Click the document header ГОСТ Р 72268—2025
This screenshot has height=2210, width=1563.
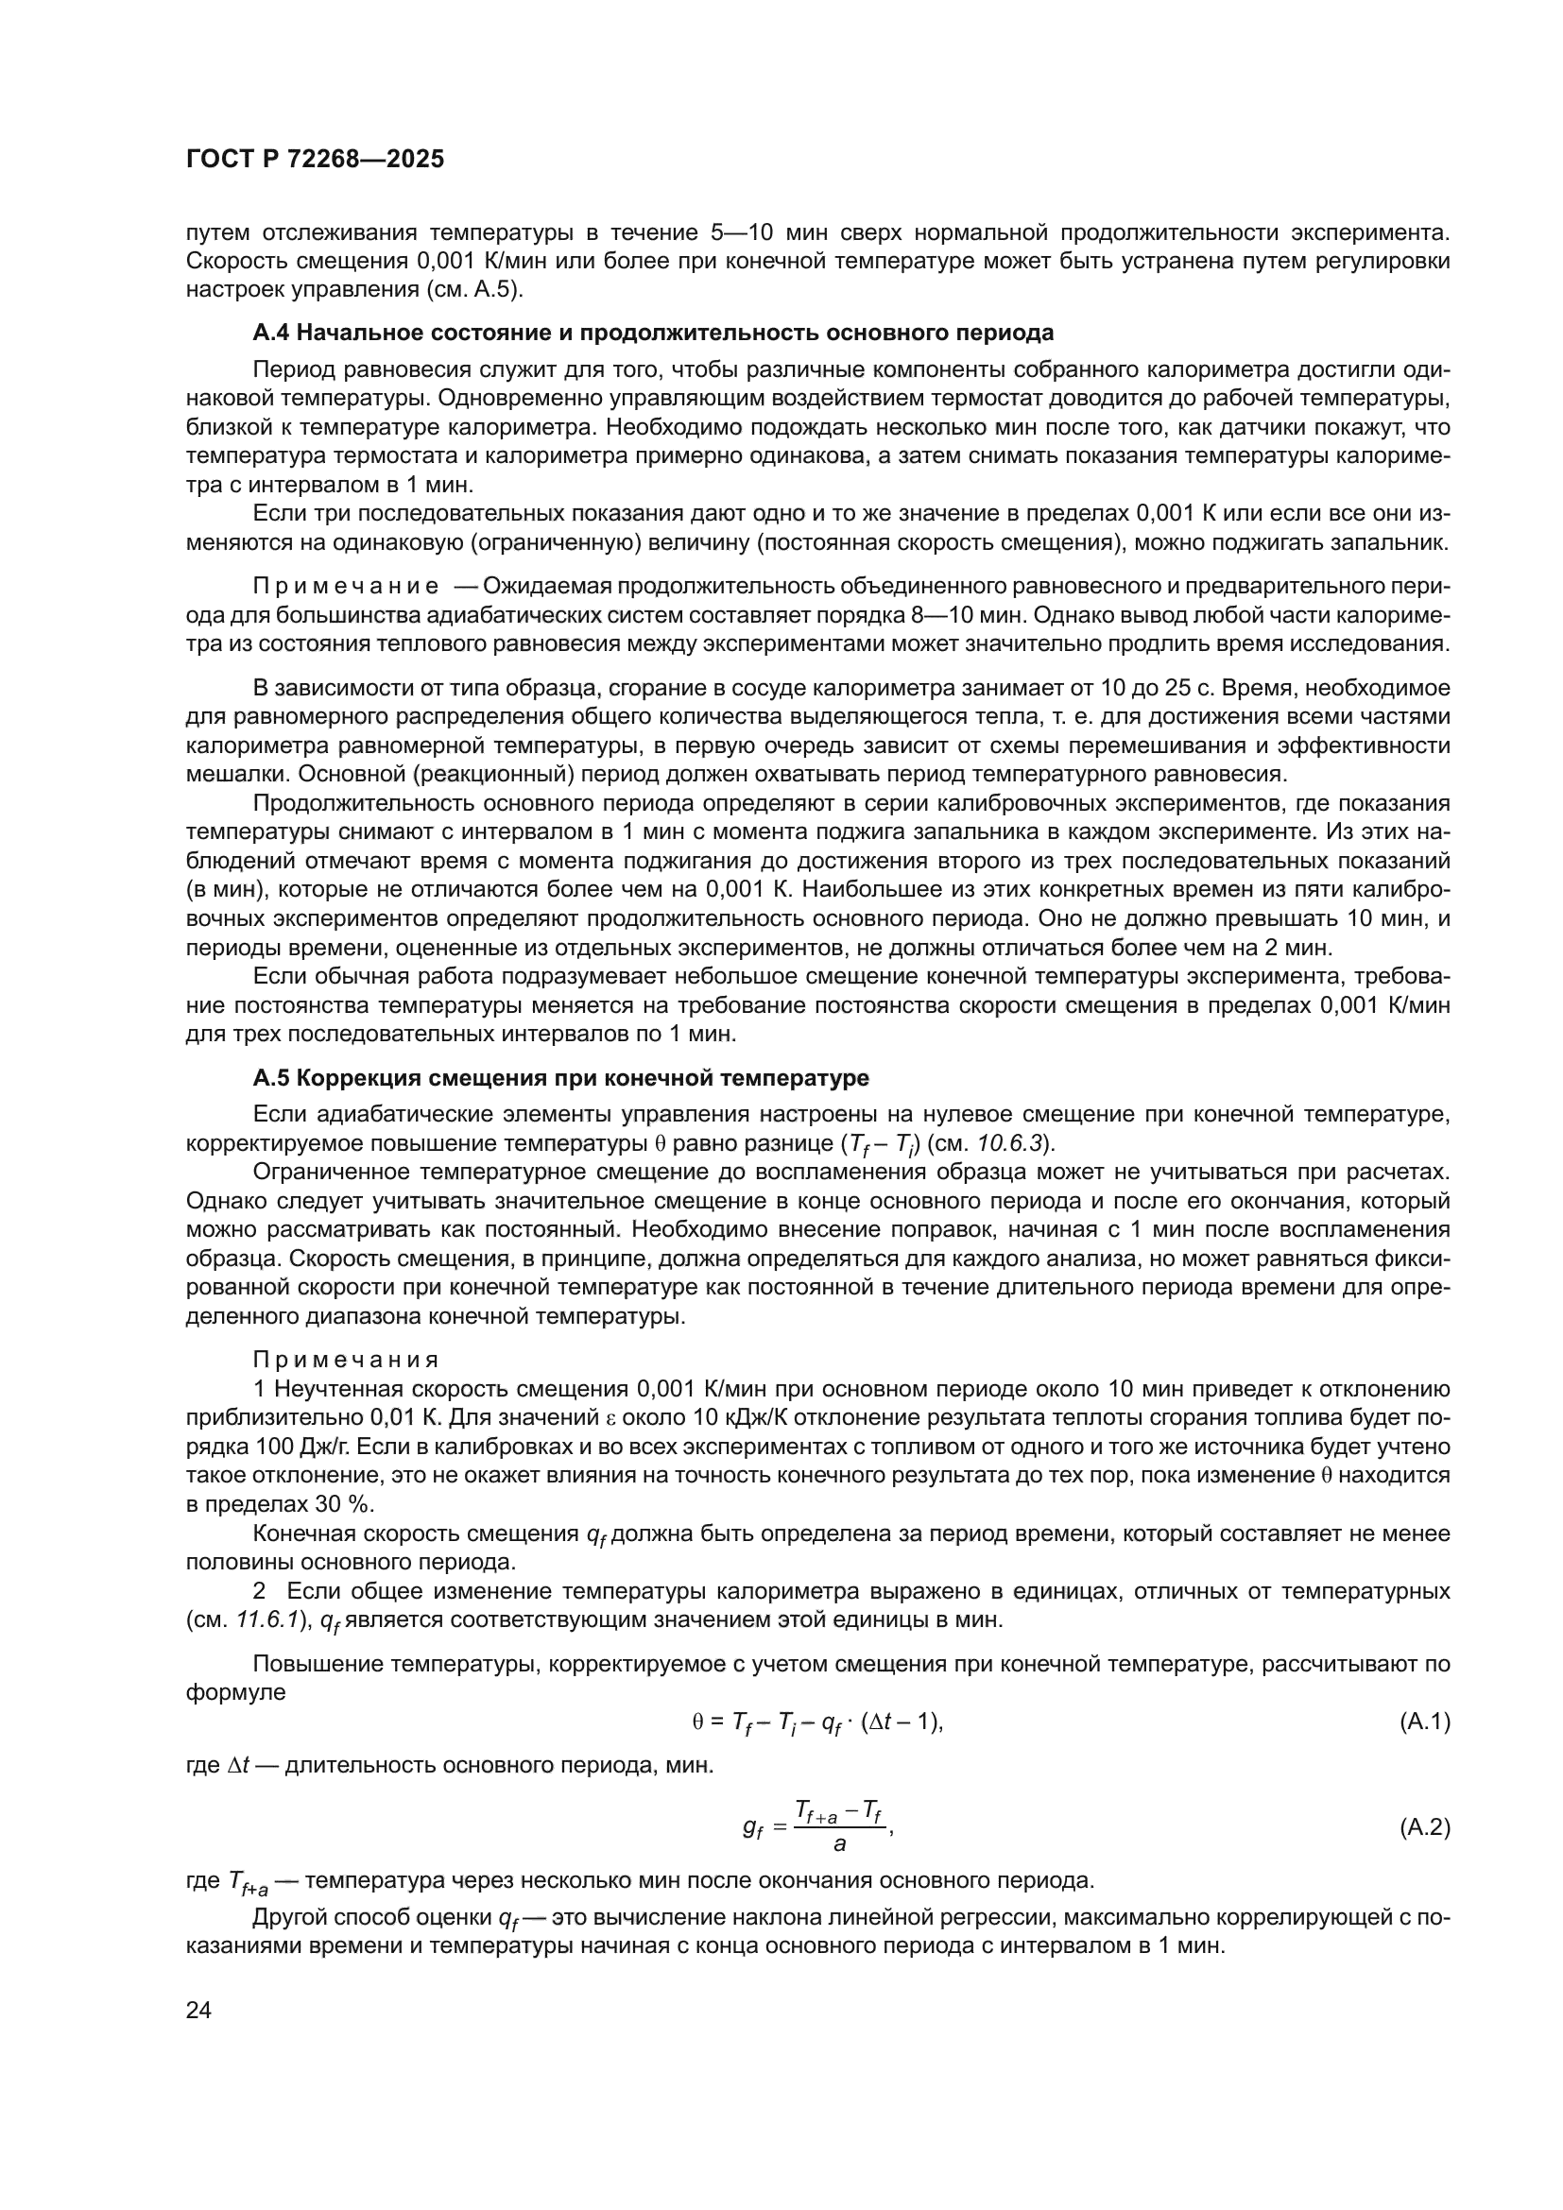point(315,160)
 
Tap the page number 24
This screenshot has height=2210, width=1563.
point(198,2010)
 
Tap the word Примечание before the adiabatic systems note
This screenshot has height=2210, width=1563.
point(346,587)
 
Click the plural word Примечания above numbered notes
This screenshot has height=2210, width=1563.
point(346,1360)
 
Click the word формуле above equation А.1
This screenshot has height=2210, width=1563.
point(236,1692)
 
